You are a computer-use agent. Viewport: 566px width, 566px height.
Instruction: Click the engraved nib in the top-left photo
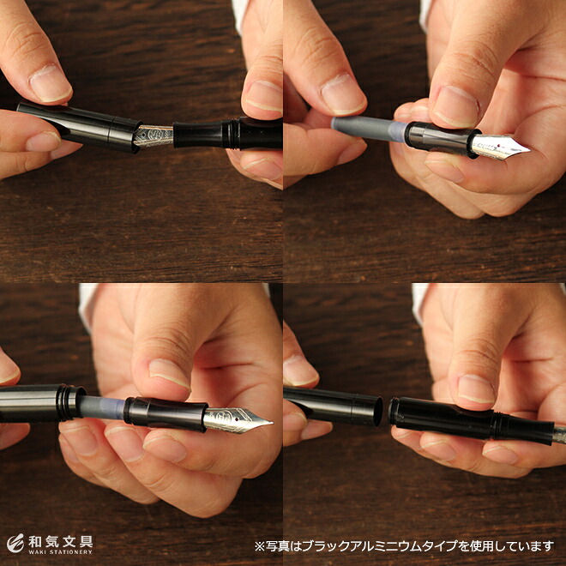click(x=154, y=135)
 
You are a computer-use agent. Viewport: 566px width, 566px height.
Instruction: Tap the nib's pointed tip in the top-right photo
click(x=529, y=149)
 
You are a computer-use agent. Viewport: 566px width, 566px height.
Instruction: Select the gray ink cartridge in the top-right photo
click(x=370, y=129)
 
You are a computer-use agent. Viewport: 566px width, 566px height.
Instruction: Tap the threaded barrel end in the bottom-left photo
click(x=71, y=403)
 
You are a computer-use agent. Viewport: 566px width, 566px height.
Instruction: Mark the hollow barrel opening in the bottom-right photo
click(x=377, y=411)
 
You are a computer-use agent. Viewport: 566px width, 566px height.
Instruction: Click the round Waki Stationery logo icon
click(x=15, y=543)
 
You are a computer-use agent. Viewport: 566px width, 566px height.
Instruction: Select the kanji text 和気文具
click(x=61, y=541)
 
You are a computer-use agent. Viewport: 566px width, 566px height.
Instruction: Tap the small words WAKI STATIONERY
click(x=61, y=552)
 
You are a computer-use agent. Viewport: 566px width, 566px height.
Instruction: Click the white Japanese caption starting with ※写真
click(x=404, y=545)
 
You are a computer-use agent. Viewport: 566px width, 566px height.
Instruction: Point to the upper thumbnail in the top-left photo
click(x=50, y=84)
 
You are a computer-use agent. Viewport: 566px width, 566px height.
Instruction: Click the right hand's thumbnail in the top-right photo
click(x=455, y=106)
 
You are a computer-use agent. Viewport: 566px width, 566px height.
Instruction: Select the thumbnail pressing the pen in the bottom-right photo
click(x=476, y=389)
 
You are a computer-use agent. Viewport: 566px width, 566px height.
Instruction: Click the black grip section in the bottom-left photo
click(x=166, y=414)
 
